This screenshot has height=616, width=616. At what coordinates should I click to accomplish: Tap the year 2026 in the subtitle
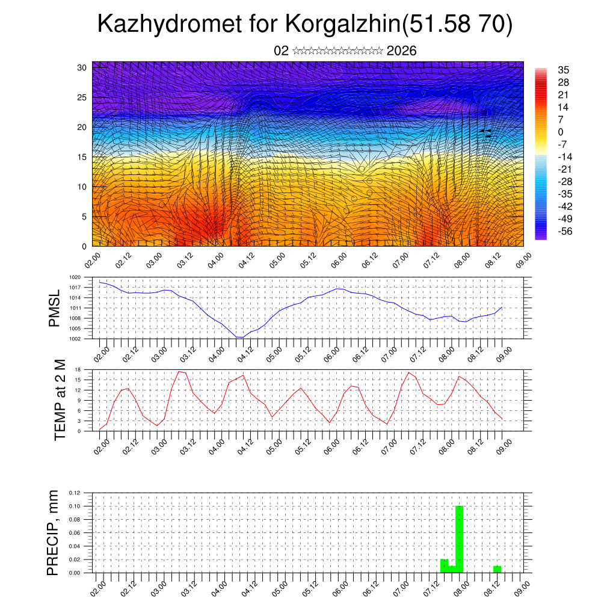click(x=402, y=51)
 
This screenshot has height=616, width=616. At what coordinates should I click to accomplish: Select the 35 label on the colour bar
click(x=564, y=70)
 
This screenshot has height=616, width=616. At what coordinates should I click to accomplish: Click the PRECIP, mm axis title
click(x=54, y=532)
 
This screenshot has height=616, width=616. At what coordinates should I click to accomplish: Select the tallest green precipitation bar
click(x=459, y=539)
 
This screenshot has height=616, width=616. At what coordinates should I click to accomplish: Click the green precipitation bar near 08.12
click(x=497, y=569)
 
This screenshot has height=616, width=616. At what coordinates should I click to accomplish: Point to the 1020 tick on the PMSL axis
click(x=75, y=277)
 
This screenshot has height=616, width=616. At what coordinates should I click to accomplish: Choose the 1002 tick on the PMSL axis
click(x=75, y=339)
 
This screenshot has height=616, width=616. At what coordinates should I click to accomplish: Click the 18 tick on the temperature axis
click(x=78, y=369)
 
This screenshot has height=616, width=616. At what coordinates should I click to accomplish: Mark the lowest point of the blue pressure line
click(x=239, y=337)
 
